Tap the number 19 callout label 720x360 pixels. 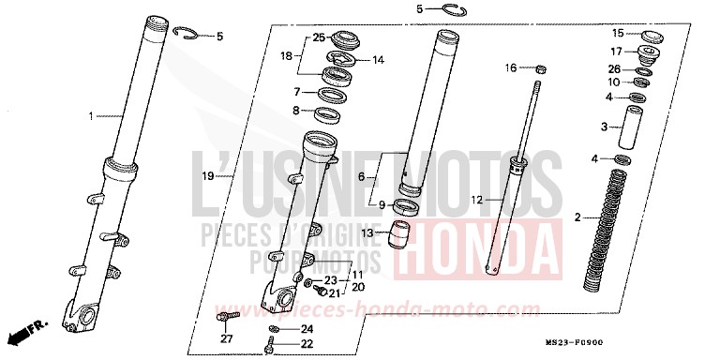(x=209, y=175)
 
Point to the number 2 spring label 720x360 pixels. (x=577, y=217)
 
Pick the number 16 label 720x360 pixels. (x=511, y=67)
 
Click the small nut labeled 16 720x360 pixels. (x=542, y=67)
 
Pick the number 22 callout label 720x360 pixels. (x=306, y=345)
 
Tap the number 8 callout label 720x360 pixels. (x=296, y=111)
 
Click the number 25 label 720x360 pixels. (x=319, y=37)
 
